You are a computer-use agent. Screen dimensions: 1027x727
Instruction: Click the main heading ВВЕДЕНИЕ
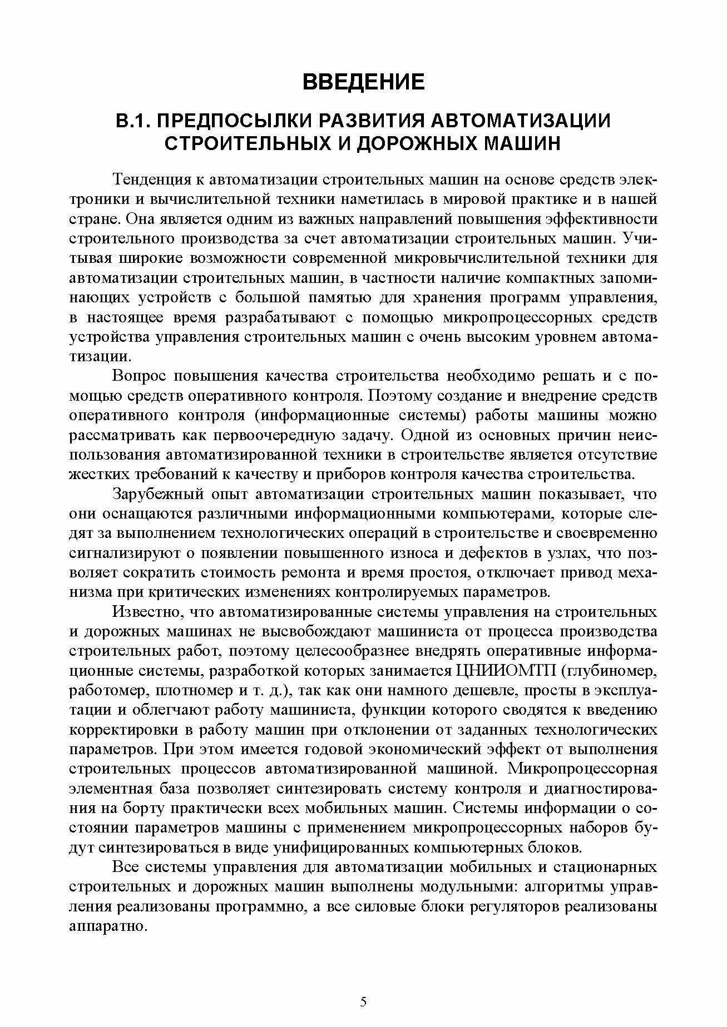click(363, 82)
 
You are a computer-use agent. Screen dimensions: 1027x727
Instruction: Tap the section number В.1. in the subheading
click(131, 121)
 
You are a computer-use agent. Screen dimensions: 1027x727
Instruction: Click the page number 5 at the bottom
click(363, 1001)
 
